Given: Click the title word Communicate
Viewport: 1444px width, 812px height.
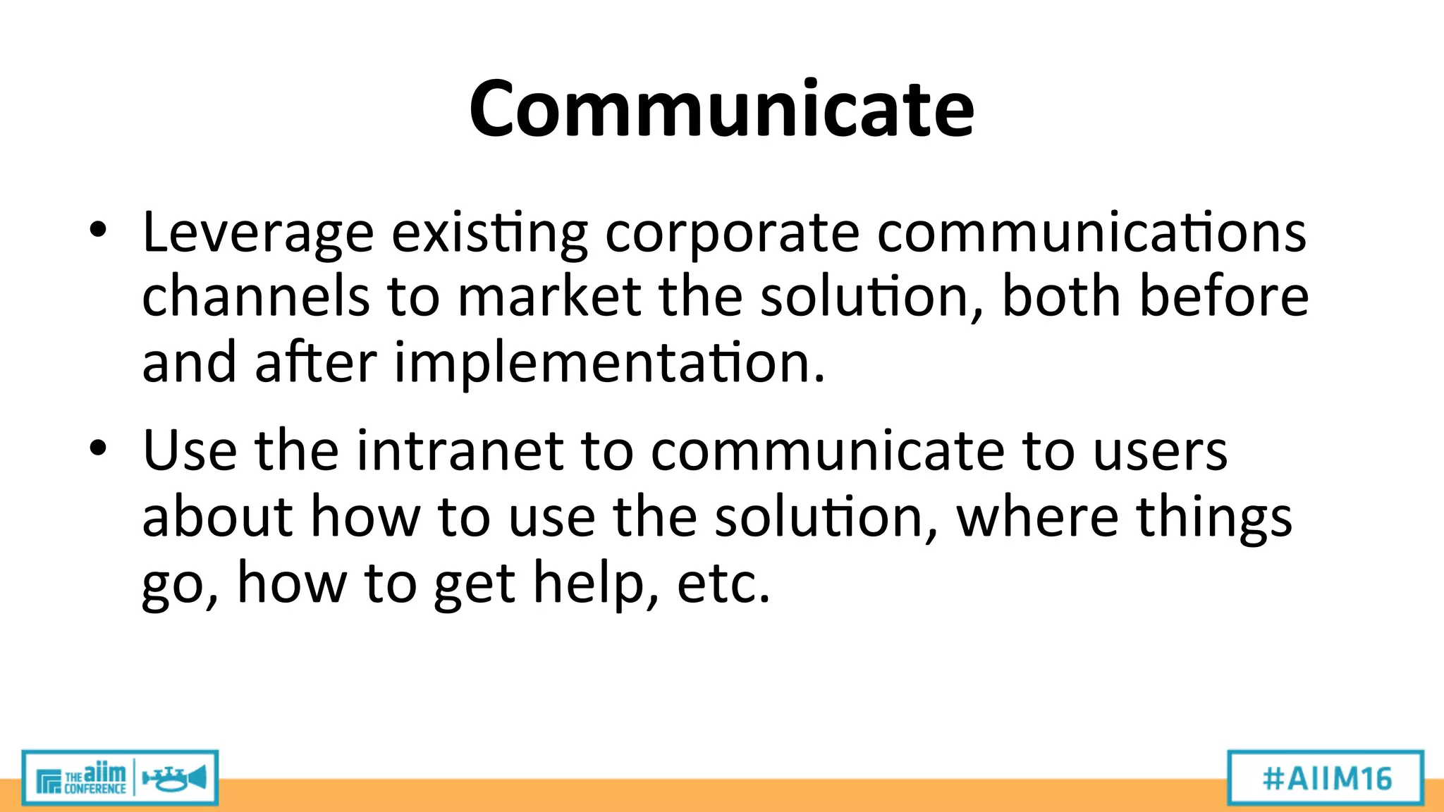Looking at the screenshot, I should pyautogui.click(x=721, y=109).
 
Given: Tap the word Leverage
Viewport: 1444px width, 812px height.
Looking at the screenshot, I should pyautogui.click(x=257, y=233).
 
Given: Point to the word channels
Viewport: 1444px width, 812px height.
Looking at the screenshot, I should pyautogui.click(x=255, y=296).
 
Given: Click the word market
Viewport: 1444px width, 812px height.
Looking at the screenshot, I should pyautogui.click(x=549, y=296).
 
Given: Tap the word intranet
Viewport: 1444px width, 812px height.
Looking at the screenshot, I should pyautogui.click(x=459, y=451).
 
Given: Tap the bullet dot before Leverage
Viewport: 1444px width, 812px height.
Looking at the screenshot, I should pyautogui.click(x=98, y=230).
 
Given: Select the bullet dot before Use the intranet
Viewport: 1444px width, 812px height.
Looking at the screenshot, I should pyautogui.click(x=98, y=448).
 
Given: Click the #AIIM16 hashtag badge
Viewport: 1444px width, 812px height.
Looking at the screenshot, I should pyautogui.click(x=1326, y=778).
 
